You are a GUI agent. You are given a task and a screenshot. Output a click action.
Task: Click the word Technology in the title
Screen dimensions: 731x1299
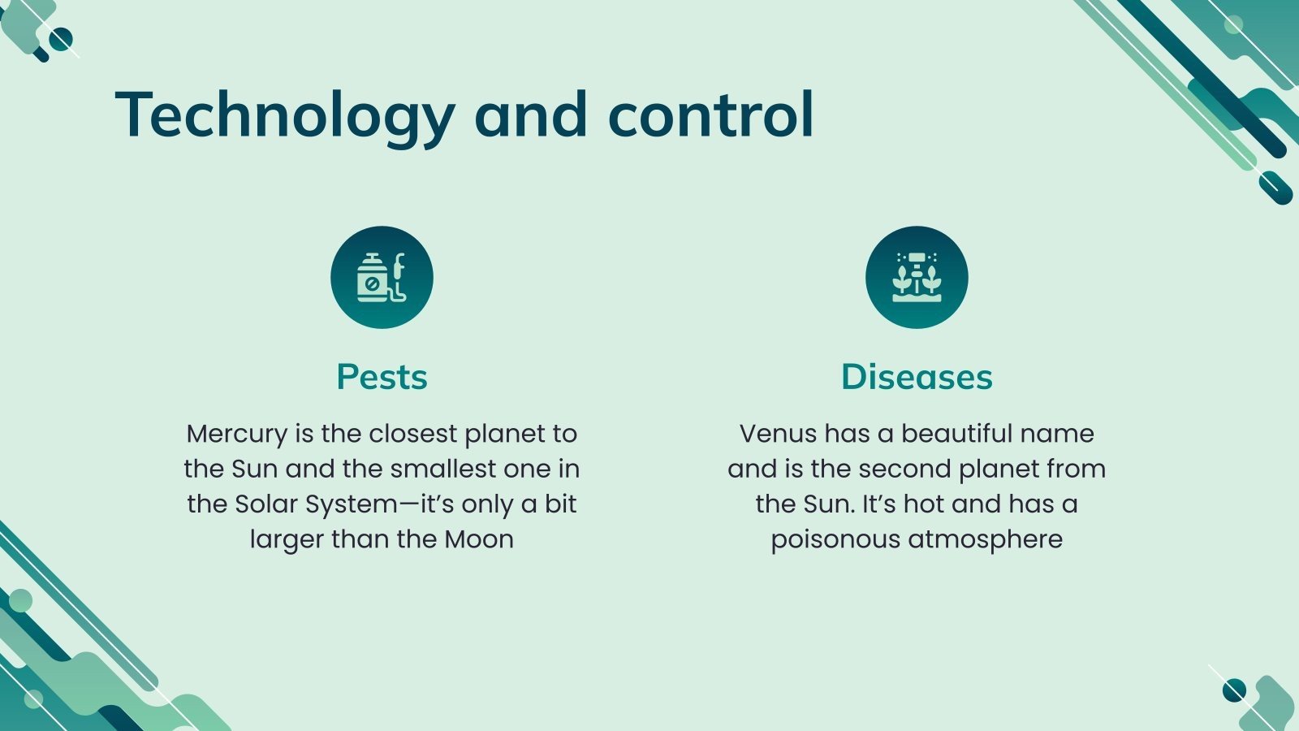(285, 116)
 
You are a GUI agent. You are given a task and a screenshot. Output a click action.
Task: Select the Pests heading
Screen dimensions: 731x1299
(382, 377)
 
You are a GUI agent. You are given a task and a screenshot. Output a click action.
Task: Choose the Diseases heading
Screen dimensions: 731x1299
(917, 377)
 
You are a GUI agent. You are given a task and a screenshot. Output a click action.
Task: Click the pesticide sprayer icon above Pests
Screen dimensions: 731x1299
(382, 278)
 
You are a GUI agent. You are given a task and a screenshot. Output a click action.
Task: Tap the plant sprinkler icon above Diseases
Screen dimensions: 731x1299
(917, 278)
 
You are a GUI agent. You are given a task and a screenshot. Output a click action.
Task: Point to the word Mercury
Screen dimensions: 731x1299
(236, 435)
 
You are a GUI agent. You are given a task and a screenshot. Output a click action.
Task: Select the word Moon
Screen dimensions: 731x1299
(479, 539)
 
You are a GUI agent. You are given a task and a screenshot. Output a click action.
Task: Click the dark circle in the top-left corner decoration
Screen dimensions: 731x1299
(61, 39)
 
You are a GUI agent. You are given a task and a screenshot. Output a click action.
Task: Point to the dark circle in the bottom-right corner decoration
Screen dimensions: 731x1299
(1234, 690)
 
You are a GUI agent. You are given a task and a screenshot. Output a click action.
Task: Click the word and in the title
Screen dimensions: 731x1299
(531, 115)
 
